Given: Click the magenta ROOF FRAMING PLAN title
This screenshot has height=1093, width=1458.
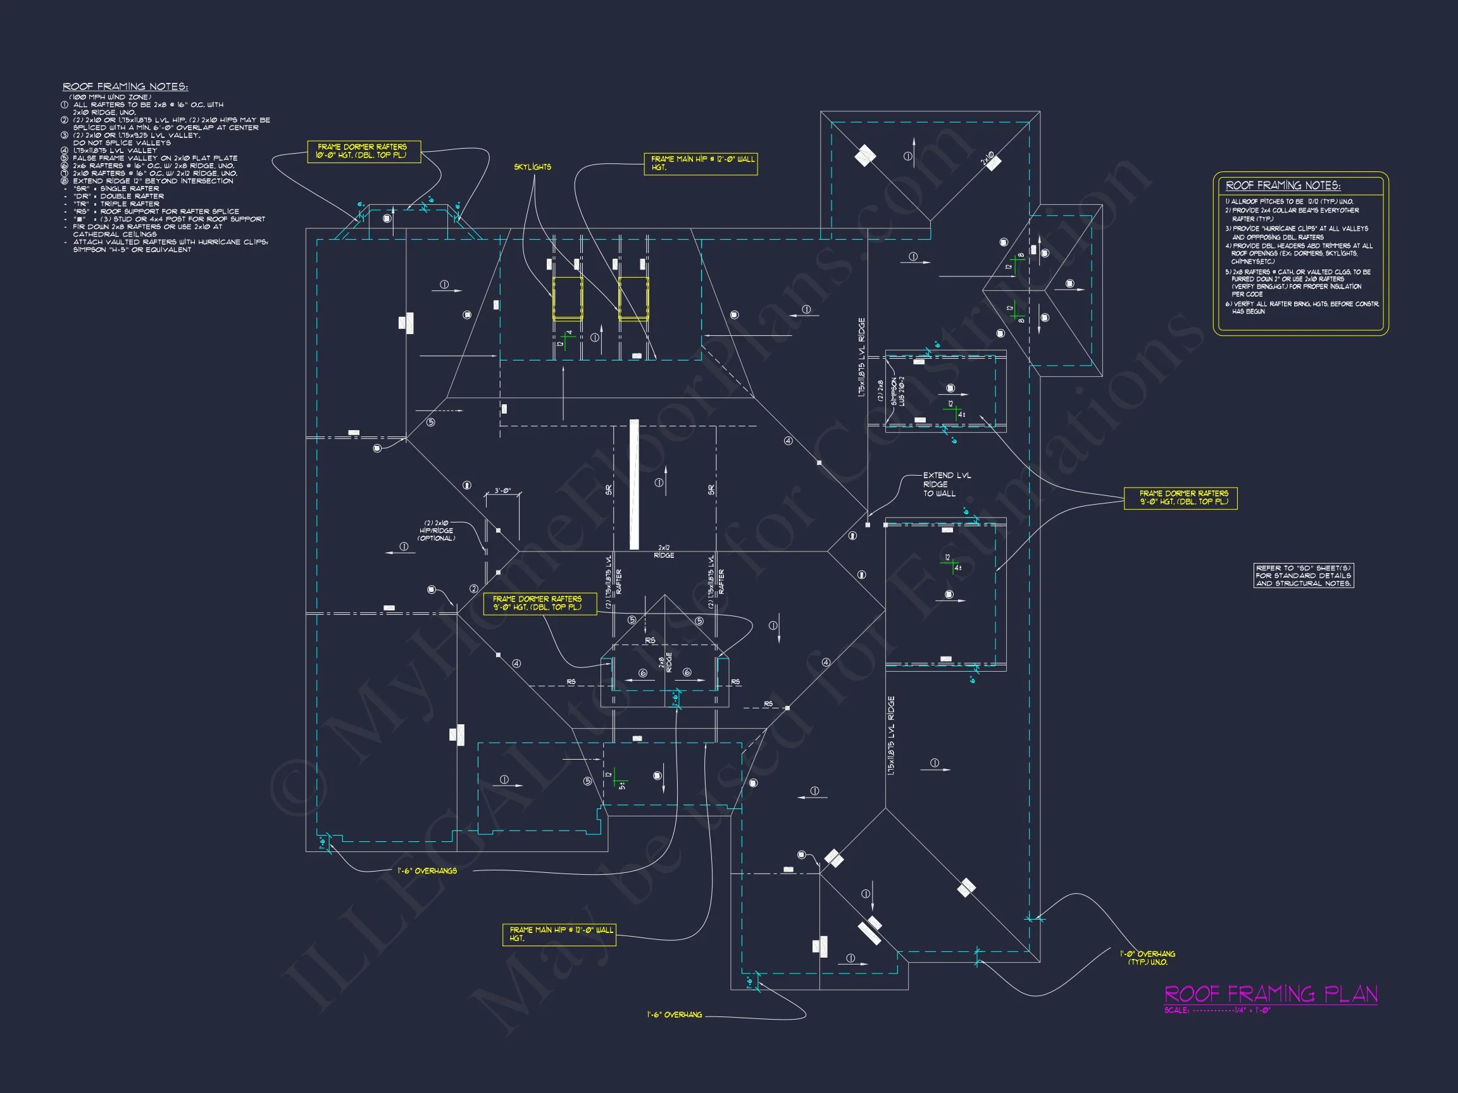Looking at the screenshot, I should click(1270, 994).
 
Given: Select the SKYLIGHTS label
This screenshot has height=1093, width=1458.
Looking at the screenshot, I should click(533, 168).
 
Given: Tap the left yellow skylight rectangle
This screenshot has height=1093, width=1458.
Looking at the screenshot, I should click(567, 298).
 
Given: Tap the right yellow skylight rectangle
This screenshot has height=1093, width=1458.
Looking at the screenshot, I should click(633, 298).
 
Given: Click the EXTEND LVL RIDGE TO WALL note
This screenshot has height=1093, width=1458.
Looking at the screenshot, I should click(947, 485).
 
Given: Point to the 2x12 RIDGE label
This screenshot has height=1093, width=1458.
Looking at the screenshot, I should click(664, 552).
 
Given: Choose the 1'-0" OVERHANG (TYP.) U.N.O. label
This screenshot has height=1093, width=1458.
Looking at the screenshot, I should click(1147, 958).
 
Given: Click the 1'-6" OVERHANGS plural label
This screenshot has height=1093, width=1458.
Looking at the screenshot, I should click(427, 871).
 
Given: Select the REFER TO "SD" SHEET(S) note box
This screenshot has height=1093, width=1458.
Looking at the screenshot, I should click(1303, 575).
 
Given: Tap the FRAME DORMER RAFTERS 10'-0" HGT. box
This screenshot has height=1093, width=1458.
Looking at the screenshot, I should click(363, 152).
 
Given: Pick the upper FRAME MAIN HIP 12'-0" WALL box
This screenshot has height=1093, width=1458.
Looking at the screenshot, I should click(700, 163).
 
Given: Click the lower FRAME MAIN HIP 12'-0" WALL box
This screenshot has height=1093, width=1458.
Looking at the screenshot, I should click(559, 934).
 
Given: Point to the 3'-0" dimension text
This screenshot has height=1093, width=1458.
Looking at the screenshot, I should click(503, 491).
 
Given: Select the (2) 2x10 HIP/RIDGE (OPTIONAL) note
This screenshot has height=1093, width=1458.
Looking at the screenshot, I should click(437, 530).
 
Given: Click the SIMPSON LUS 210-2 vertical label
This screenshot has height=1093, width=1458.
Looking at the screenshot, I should click(898, 392).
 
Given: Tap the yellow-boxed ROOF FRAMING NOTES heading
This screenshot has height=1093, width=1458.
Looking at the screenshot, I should click(1283, 186).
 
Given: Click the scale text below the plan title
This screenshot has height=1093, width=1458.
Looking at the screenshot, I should click(1217, 1010).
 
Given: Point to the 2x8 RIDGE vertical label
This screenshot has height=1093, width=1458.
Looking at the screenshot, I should click(665, 662).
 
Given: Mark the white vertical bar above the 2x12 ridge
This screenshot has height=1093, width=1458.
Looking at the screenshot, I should click(634, 485).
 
